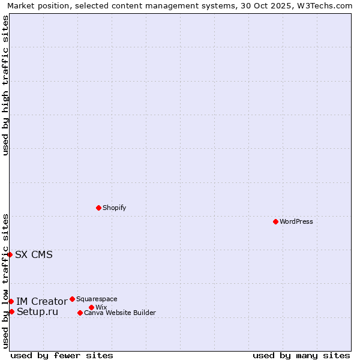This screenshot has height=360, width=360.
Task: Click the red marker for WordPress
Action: (275, 221)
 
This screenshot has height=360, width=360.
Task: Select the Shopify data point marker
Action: (98, 208)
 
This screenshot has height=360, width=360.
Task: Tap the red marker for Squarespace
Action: (72, 299)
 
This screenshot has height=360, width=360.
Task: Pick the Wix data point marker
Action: (91, 307)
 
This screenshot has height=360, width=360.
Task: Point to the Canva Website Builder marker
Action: (80, 313)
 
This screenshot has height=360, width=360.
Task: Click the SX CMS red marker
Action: (10, 254)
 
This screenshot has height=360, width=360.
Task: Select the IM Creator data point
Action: (11, 301)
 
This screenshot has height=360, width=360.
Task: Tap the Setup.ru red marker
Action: (11, 311)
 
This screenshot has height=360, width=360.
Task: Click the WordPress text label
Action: (296, 221)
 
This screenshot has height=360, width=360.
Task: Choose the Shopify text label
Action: (115, 208)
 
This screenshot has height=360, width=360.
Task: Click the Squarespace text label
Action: (97, 299)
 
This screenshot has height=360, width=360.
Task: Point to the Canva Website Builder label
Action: (120, 313)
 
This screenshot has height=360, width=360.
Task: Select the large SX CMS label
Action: (34, 254)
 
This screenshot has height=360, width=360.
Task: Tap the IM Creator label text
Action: (41, 301)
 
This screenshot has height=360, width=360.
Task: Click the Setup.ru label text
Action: (38, 311)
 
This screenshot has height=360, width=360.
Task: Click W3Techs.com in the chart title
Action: (324, 5)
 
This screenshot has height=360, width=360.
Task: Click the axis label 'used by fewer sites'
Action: (62, 355)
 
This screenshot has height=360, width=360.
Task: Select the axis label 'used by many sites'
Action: (301, 355)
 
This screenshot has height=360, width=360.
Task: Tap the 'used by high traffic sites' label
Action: (5, 85)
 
